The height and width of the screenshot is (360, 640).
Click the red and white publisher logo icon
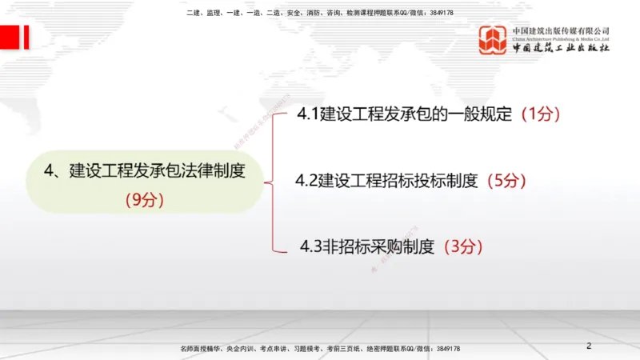point(493,40)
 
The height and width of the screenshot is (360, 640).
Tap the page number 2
point(589,346)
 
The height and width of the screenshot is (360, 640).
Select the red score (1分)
point(540,114)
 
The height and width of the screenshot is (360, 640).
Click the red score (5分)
point(506,180)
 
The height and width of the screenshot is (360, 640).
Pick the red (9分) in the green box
point(145,200)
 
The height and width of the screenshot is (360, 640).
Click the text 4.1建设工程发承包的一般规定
point(404,114)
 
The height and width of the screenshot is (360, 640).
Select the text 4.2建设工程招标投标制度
point(386,180)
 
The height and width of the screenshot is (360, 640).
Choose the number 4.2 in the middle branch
point(306,180)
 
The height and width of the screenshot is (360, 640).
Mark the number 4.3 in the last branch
point(311,246)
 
